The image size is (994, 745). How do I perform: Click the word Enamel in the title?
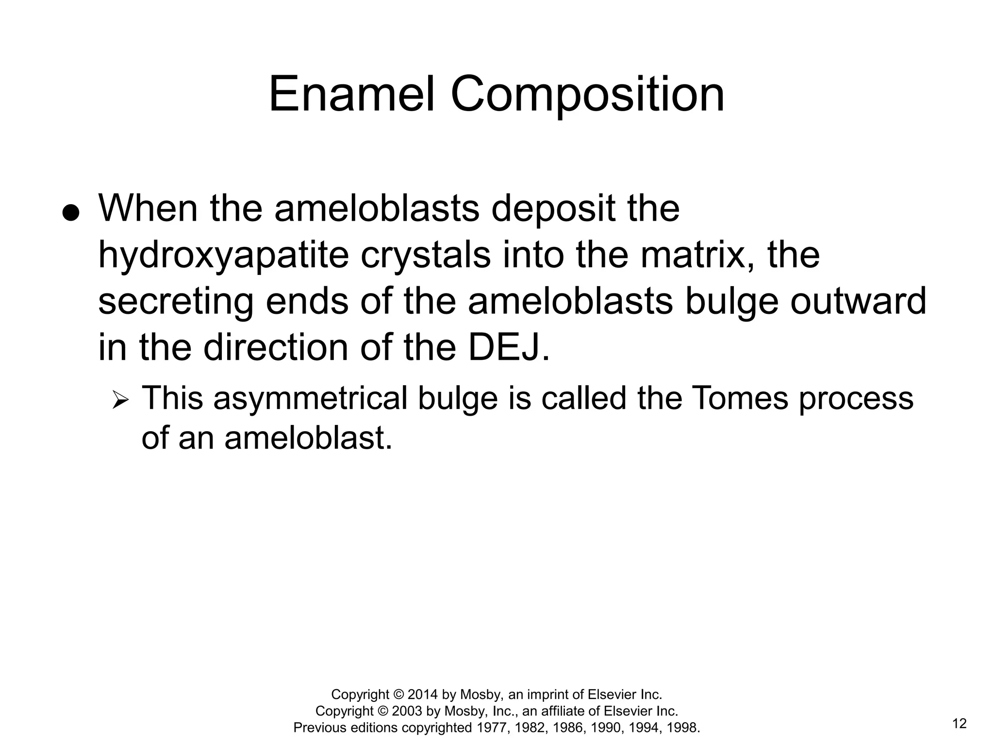[x=351, y=94]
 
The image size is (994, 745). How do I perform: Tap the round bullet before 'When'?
[x=71, y=213]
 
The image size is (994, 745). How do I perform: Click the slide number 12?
[x=959, y=724]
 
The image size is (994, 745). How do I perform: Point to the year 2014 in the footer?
[x=423, y=695]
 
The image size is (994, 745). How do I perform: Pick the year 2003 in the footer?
[x=407, y=711]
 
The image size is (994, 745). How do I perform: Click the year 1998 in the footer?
[x=683, y=728]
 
